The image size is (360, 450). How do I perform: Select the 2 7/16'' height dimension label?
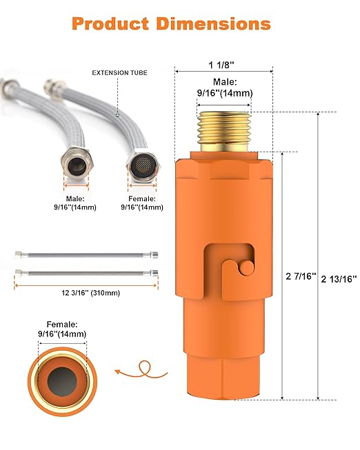pos(300,276)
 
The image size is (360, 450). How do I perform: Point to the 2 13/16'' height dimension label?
pos(338,278)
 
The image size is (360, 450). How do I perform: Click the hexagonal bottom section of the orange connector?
pos(223,376)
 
